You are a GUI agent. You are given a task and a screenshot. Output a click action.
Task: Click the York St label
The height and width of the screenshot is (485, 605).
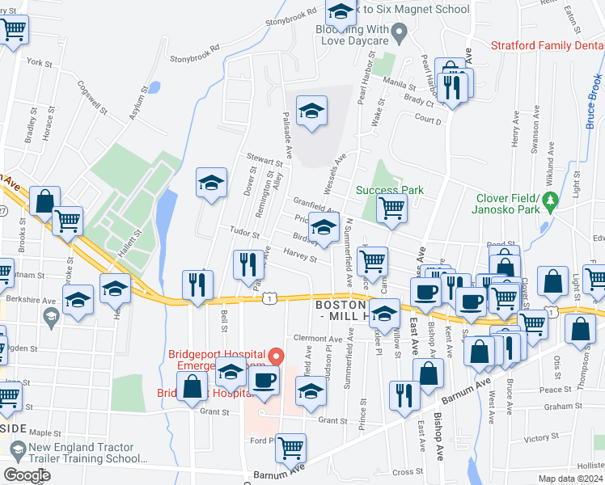coord(39,61)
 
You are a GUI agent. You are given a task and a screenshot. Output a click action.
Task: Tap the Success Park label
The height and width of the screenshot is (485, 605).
coord(390,191)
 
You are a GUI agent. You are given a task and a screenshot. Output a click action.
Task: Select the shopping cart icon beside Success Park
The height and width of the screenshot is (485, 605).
coord(392,208)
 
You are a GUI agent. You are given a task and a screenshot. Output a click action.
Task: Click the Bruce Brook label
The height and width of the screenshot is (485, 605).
coord(592,101)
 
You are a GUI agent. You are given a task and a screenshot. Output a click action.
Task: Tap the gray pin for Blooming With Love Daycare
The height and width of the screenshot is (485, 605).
coord(398,34)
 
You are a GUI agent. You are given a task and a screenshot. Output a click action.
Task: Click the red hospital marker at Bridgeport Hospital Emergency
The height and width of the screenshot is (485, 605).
coord(276,355)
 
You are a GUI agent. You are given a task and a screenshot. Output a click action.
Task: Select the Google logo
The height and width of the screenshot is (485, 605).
coord(27,476)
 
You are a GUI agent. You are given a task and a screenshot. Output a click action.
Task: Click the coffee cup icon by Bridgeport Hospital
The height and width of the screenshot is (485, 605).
coord(264,381)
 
